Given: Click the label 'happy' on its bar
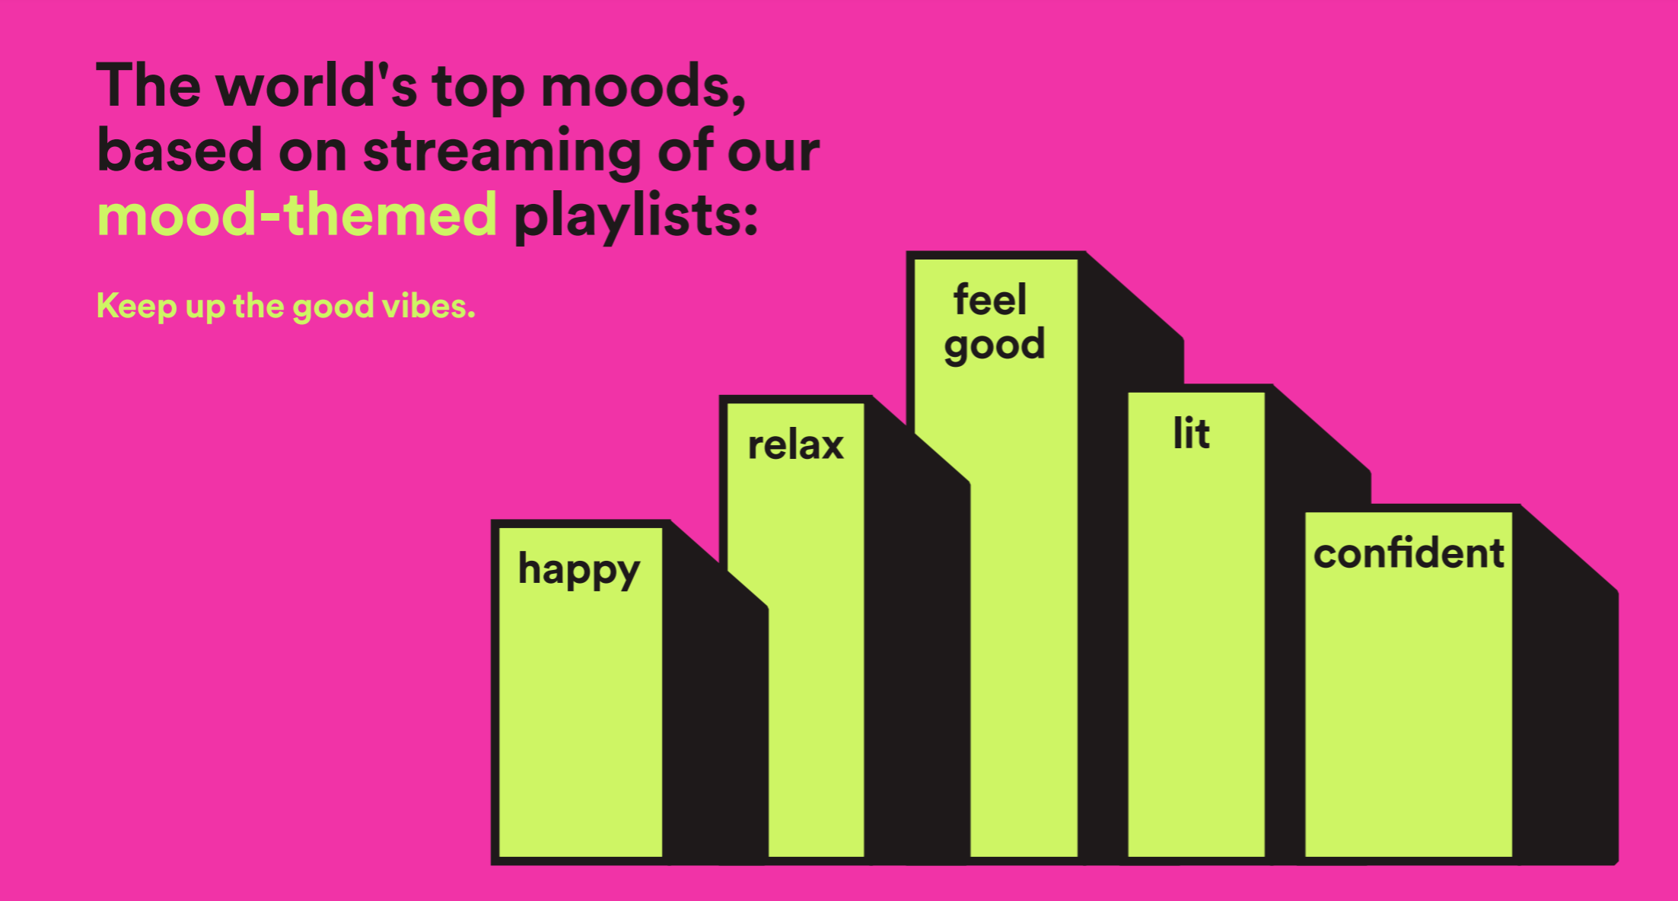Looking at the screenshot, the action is (x=579, y=571).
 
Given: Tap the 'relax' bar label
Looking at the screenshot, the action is (x=796, y=444).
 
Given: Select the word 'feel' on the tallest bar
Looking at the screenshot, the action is (x=990, y=299).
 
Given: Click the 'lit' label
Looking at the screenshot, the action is (x=1192, y=434).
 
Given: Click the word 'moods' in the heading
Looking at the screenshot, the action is (x=643, y=86).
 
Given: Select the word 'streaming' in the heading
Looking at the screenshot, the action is (x=502, y=151).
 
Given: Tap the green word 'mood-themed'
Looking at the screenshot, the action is (x=298, y=215).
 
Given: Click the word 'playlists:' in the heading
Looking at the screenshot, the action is (x=636, y=217).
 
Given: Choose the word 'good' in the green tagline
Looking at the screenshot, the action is (x=333, y=308).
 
